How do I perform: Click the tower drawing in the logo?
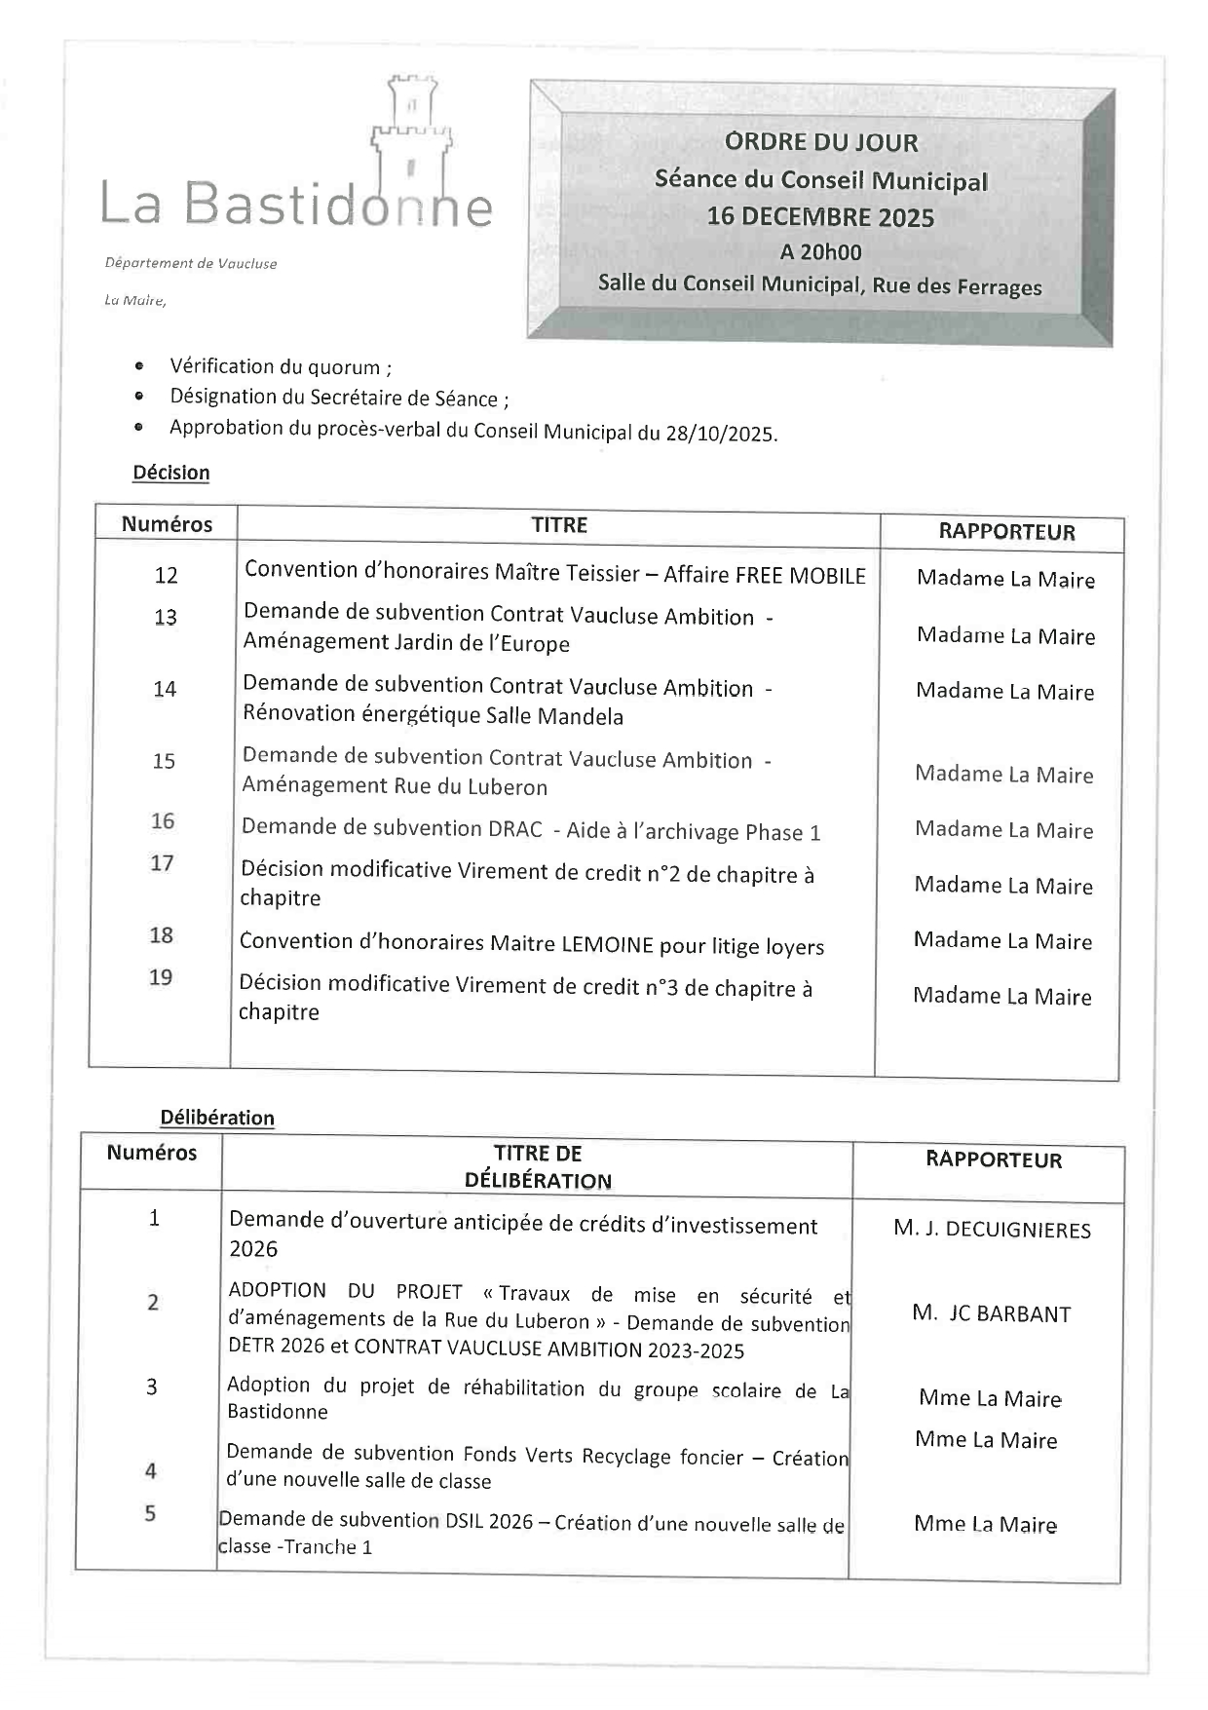(410, 136)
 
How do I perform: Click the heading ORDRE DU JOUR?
(821, 142)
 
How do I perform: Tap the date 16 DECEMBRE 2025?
(820, 216)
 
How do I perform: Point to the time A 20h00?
(820, 251)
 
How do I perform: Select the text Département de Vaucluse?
(191, 263)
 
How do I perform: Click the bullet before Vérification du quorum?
(140, 367)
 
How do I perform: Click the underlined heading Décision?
(171, 473)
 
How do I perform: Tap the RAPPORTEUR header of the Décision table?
(1006, 532)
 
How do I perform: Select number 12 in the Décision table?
(167, 575)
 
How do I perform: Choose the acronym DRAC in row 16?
(512, 829)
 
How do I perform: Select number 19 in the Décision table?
(161, 977)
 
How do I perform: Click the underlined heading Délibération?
(217, 1118)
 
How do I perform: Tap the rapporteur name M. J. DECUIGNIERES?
(992, 1230)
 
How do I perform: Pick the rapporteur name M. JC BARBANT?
(991, 1313)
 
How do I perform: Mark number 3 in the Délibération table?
(152, 1387)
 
